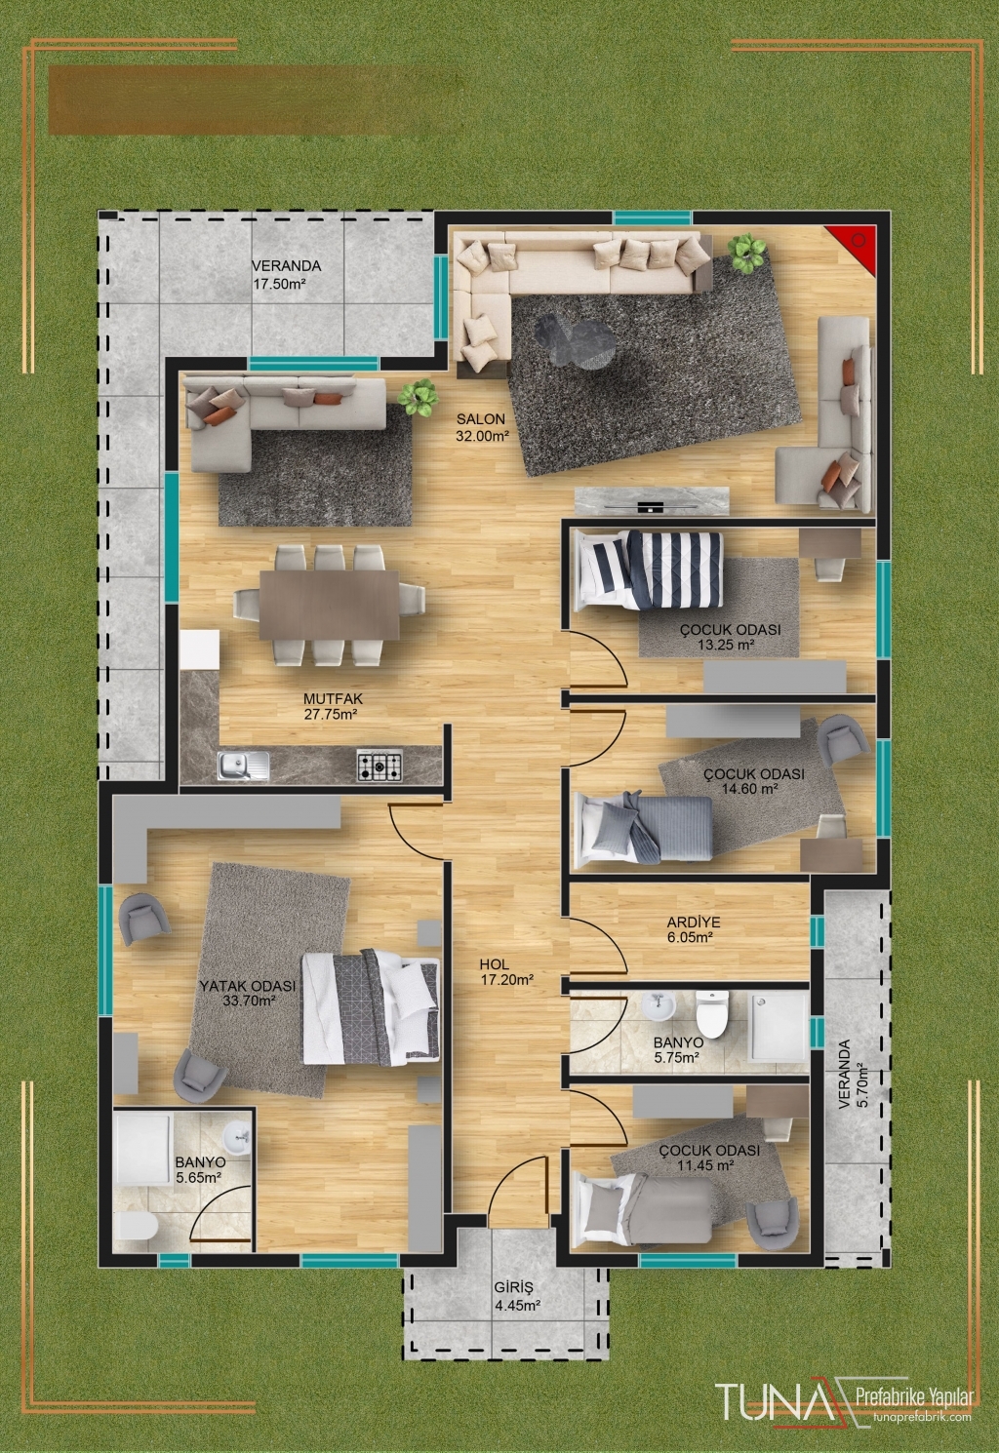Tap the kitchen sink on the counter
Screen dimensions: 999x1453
[x=244, y=766]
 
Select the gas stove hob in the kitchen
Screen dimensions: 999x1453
[x=380, y=765]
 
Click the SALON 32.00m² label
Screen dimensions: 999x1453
[x=480, y=427]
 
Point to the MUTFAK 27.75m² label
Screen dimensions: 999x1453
[x=331, y=706]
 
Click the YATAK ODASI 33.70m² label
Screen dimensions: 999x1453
[x=248, y=993]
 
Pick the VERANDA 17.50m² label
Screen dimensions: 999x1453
[x=286, y=274]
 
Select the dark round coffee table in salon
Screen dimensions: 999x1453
[x=576, y=340]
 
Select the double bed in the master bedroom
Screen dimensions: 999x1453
[x=371, y=1006]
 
